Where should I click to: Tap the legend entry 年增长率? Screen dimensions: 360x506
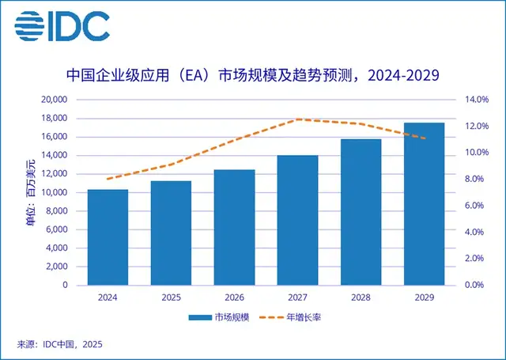[x=300, y=317]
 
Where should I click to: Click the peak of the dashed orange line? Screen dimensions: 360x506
[x=297, y=119]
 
